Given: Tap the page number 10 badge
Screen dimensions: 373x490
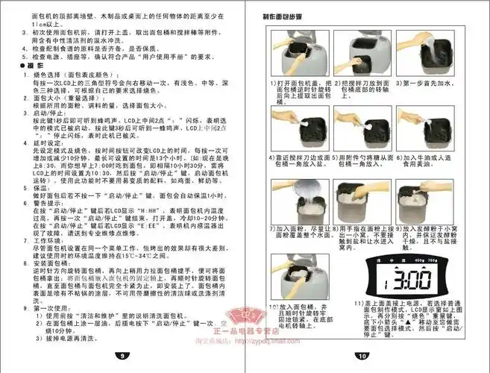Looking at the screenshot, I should coord(362,357).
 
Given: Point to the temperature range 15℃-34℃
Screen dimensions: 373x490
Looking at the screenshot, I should coord(157,256).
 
